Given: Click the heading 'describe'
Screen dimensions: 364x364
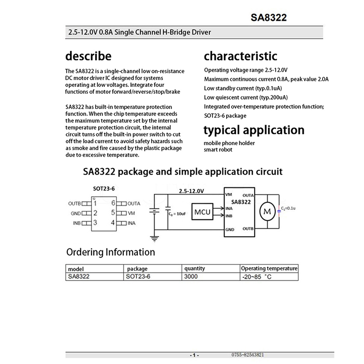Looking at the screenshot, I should (88, 56).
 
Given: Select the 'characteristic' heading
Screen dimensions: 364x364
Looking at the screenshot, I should (240, 56).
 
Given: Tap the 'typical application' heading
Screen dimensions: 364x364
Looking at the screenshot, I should (254, 130).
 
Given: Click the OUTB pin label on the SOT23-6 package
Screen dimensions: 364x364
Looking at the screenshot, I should (74, 203).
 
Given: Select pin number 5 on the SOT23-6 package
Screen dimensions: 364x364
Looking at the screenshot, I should (112, 212).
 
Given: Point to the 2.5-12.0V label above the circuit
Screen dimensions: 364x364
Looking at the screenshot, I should (192, 191).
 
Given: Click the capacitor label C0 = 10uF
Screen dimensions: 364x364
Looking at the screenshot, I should (177, 213).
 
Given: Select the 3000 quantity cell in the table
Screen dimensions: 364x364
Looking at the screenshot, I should (191, 276).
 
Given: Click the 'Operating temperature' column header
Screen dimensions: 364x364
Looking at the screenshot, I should (269, 268).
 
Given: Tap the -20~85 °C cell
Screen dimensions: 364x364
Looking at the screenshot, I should (257, 277).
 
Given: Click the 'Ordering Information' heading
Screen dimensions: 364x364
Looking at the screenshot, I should (111, 252).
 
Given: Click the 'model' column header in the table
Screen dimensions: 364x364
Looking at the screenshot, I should (76, 269).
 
